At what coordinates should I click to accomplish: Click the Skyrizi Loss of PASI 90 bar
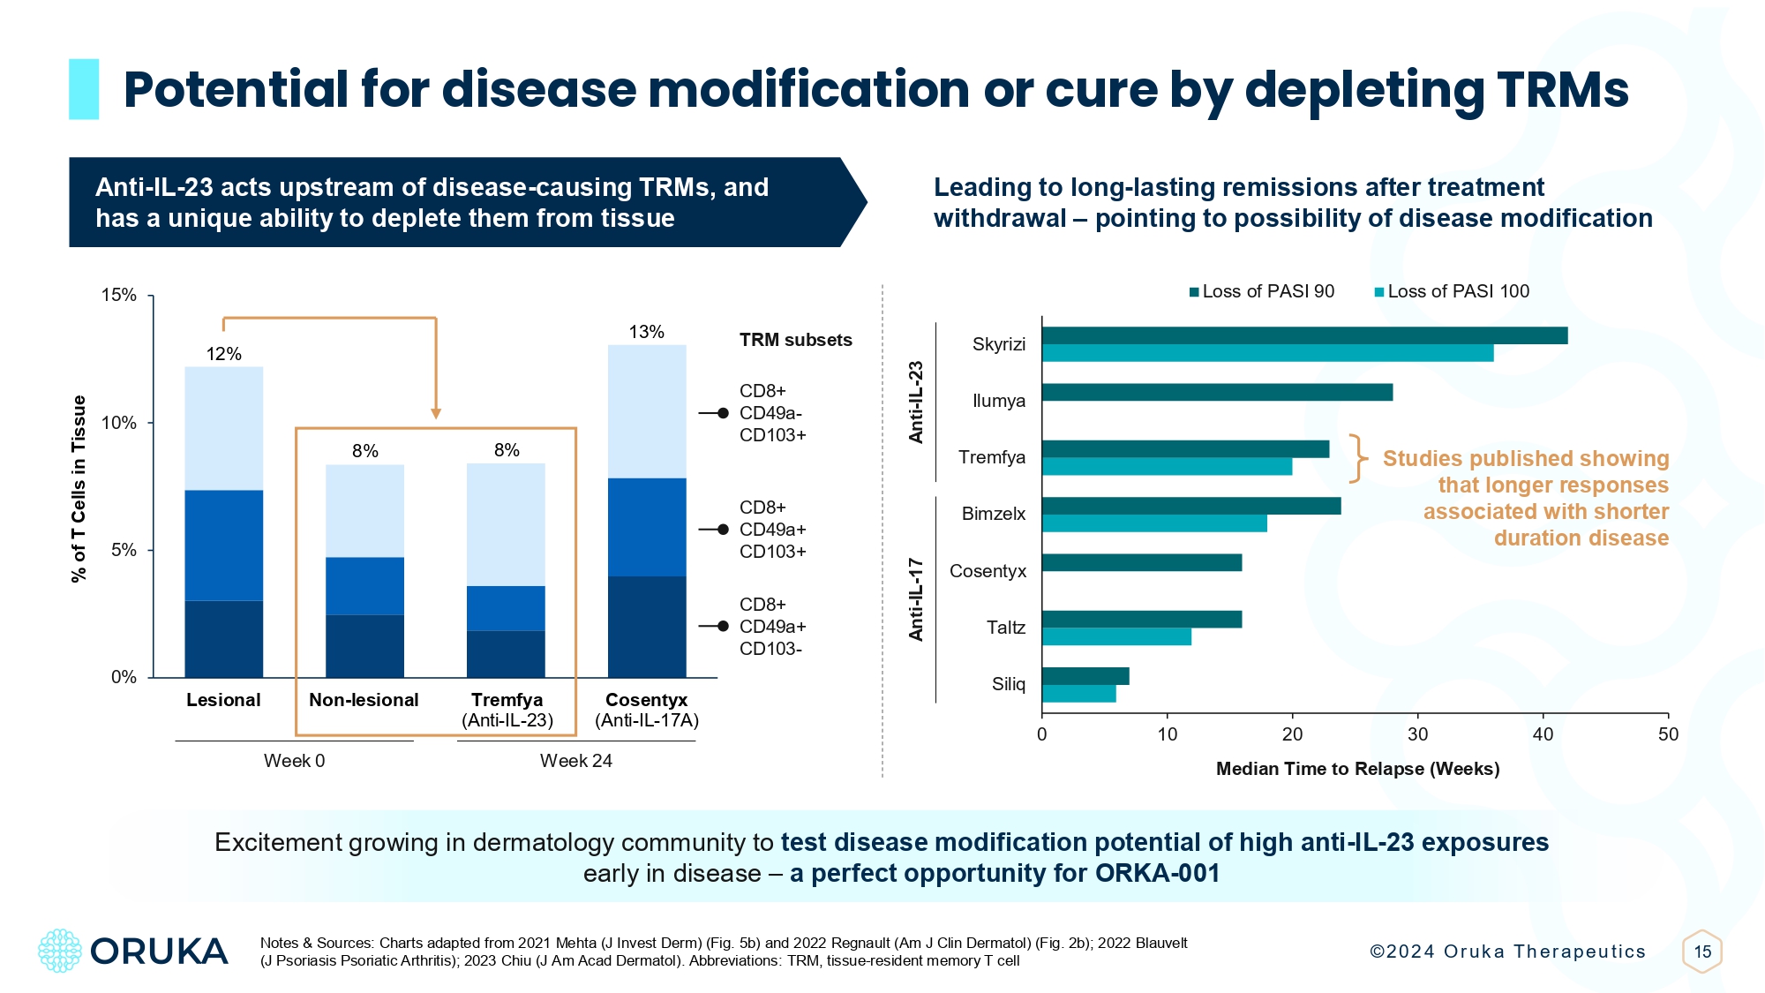[1304, 335]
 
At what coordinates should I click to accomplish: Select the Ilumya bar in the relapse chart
[1217, 392]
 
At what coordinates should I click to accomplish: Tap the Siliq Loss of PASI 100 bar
[1078, 694]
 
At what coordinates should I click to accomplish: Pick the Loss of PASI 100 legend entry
[1452, 291]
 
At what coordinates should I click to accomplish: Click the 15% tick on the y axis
[119, 295]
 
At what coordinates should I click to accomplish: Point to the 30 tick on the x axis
[1417, 734]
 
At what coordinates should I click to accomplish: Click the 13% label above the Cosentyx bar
[646, 332]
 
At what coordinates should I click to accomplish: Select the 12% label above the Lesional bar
[223, 354]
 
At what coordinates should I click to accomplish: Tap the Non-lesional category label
[364, 700]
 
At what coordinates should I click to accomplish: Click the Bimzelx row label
[994, 514]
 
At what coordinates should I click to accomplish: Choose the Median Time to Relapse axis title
[1357, 769]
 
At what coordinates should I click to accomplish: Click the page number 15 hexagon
[1702, 952]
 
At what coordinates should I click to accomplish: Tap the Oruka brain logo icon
[60, 951]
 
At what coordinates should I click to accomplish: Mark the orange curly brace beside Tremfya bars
[1358, 458]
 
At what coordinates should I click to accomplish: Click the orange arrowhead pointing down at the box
[436, 413]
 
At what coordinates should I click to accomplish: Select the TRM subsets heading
[795, 340]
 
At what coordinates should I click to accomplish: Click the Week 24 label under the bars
[575, 761]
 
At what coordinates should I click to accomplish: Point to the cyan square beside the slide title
[84, 89]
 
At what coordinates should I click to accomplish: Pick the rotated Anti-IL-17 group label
[916, 599]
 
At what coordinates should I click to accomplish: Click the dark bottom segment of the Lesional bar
[223, 639]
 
